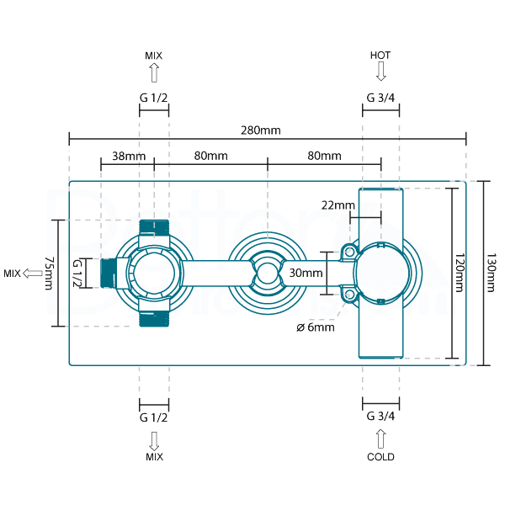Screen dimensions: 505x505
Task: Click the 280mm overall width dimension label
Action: [259, 130]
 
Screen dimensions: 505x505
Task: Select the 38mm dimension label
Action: [129, 156]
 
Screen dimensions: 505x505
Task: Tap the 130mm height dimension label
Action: [491, 274]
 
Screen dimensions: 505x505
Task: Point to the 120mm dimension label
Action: [460, 274]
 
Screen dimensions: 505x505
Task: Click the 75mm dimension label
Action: [49, 274]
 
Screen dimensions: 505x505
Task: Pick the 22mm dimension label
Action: [338, 205]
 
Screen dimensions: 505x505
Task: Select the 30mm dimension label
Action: [306, 273]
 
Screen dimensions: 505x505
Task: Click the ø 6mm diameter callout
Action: [316, 327]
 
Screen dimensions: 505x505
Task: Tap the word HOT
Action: [380, 55]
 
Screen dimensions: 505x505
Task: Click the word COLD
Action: [380, 457]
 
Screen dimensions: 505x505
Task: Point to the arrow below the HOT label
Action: [380, 71]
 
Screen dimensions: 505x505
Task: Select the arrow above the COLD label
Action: [380, 439]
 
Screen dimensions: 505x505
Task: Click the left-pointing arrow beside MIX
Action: [35, 273]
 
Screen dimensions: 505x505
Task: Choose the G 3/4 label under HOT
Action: [380, 98]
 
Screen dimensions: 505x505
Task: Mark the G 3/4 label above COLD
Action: [380, 416]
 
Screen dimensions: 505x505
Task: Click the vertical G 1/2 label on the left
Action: [77, 274]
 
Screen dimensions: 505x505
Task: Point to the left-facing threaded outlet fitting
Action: [109, 273]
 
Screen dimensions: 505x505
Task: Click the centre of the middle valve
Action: [267, 272]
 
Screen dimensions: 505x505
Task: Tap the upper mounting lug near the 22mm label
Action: [348, 251]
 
